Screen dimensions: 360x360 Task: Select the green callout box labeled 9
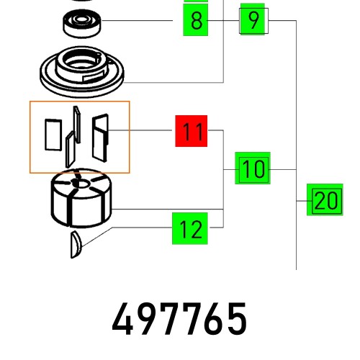[x=252, y=20]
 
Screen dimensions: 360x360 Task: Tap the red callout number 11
[x=192, y=132]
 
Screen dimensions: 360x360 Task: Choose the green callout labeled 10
[x=252, y=170]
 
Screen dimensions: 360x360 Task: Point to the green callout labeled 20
[x=325, y=200]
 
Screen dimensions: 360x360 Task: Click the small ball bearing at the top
[x=81, y=24]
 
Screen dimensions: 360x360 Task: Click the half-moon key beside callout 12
[x=76, y=245]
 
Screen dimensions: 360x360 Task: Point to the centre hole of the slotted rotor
[x=84, y=185]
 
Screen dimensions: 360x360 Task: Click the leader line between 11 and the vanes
[x=144, y=130]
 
